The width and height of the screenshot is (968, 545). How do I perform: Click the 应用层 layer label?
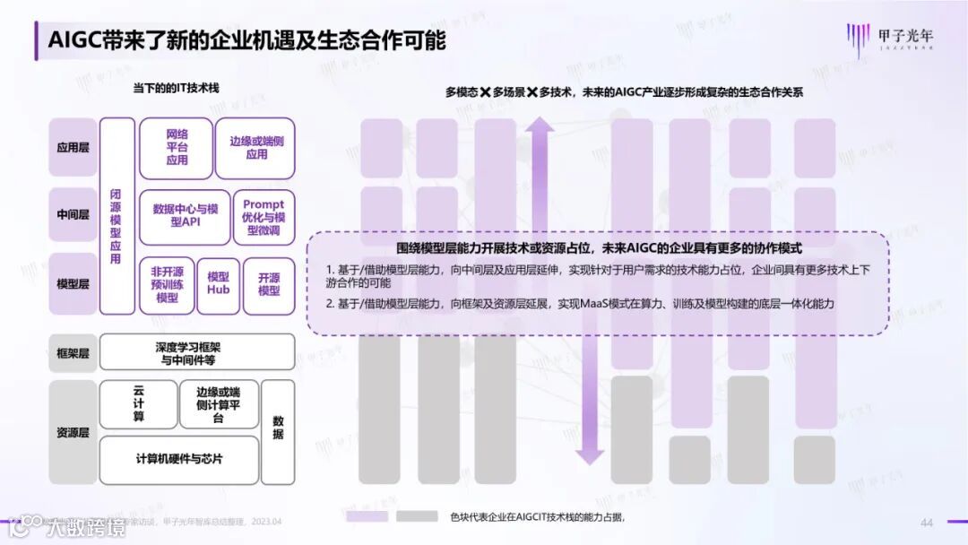73,148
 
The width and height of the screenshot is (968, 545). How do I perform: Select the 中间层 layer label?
73,215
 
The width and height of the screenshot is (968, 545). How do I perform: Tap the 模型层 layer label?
73,284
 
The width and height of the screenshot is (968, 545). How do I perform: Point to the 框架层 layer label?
73,352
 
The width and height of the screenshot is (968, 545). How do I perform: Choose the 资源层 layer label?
73,432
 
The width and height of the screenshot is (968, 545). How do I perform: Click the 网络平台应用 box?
177,148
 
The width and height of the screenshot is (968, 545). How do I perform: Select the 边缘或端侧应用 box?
256,148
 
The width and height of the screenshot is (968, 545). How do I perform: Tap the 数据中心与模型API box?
185,215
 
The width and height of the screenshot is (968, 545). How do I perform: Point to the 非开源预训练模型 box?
168,284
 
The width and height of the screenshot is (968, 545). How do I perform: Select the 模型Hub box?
219,284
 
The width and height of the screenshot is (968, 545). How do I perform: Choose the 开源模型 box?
269,284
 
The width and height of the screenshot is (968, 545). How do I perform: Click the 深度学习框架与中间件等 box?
196,352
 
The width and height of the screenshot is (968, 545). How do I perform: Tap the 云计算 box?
138,404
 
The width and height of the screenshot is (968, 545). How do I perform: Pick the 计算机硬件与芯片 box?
179,458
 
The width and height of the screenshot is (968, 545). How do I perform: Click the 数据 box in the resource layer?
278,428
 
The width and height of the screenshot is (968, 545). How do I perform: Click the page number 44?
927,523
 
